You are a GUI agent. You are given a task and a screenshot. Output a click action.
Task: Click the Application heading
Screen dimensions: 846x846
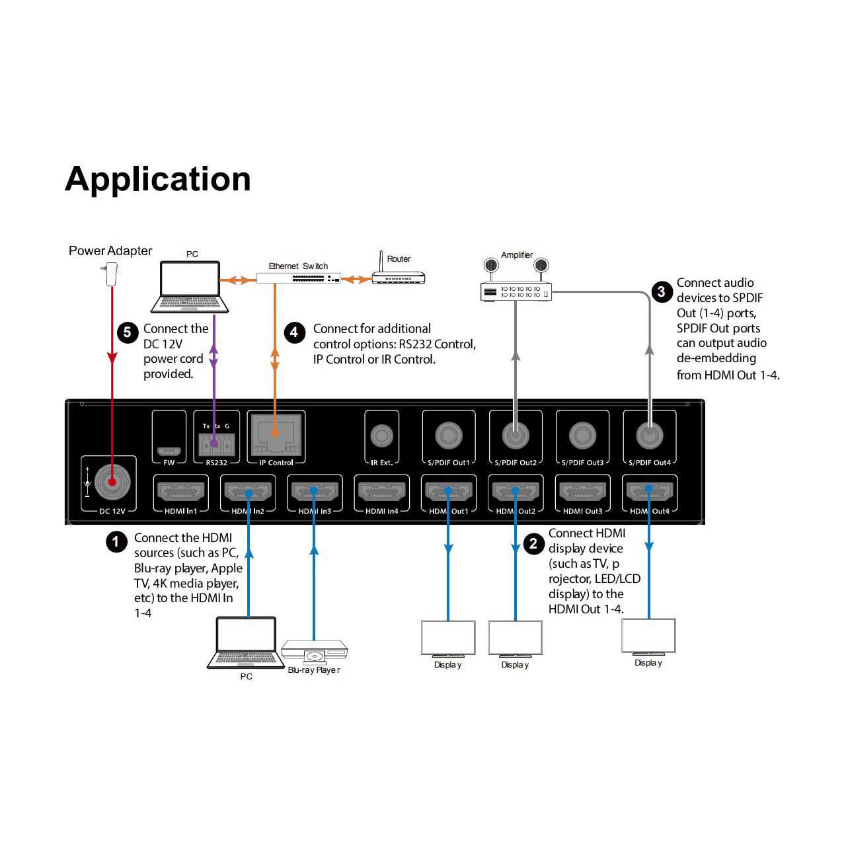(157, 180)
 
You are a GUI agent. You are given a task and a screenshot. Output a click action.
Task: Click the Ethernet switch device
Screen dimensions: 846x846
(298, 278)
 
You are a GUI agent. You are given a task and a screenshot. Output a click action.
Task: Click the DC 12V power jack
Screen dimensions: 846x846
(112, 482)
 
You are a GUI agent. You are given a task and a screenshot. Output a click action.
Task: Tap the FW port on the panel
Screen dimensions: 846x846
(169, 451)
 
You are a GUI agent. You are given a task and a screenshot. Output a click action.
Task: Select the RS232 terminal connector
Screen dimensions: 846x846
(216, 445)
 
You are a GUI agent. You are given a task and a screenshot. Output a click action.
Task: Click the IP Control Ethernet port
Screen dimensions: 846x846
(276, 436)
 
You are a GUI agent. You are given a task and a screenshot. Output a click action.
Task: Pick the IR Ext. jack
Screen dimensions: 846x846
(381, 436)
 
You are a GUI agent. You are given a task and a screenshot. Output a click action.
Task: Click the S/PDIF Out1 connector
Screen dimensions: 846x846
(448, 436)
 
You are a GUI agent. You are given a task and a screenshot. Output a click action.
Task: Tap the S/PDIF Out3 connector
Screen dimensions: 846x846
(582, 436)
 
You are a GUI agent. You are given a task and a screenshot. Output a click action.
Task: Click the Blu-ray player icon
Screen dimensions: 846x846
(315, 652)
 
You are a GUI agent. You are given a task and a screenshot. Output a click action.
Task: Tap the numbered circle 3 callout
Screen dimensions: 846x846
(662, 292)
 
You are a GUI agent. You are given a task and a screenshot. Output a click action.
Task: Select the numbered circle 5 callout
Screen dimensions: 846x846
(128, 332)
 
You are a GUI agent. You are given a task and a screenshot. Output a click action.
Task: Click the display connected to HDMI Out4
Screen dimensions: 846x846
(648, 637)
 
